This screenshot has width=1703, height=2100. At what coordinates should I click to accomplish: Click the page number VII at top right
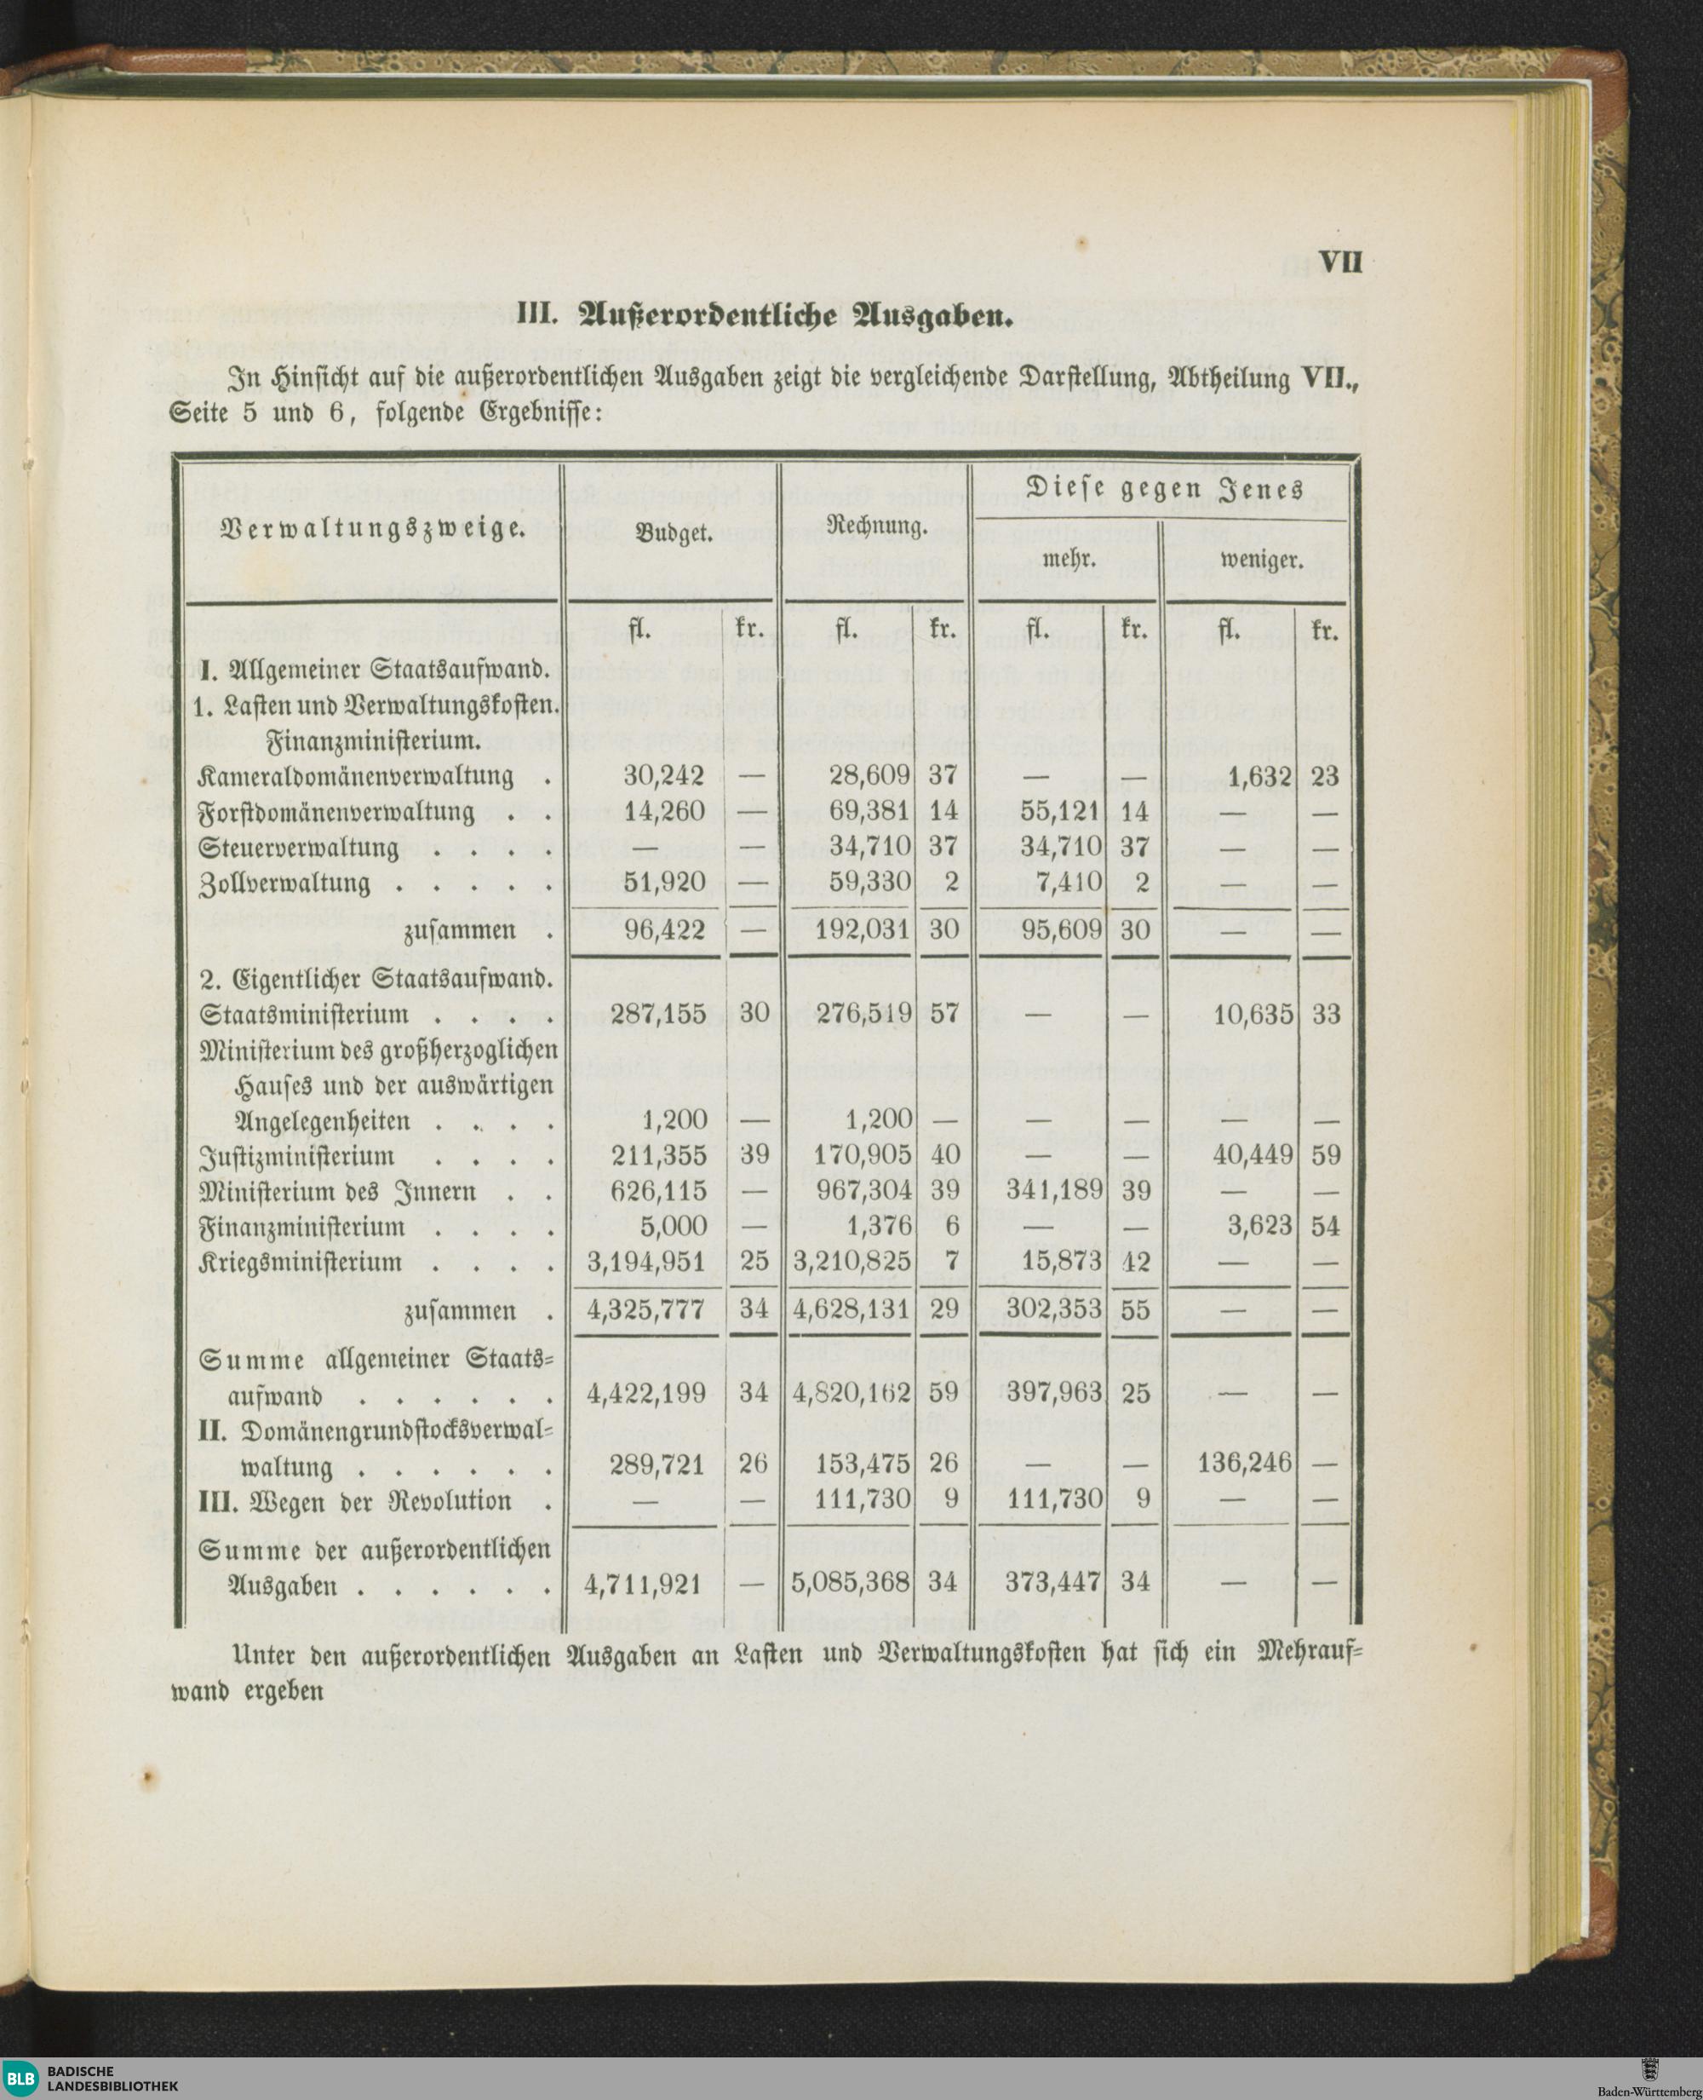pos(1340,264)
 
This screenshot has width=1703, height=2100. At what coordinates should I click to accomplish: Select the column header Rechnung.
pos(878,528)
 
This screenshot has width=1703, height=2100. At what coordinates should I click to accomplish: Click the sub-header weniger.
pos(1260,561)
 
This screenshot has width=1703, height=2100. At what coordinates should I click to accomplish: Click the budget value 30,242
pos(664,776)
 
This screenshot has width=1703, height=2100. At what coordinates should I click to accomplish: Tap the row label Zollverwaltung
pos(285,883)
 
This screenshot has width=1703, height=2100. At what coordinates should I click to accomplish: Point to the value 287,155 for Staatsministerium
pos(658,1014)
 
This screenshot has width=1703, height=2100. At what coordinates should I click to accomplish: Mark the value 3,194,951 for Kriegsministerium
pos(646,1262)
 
